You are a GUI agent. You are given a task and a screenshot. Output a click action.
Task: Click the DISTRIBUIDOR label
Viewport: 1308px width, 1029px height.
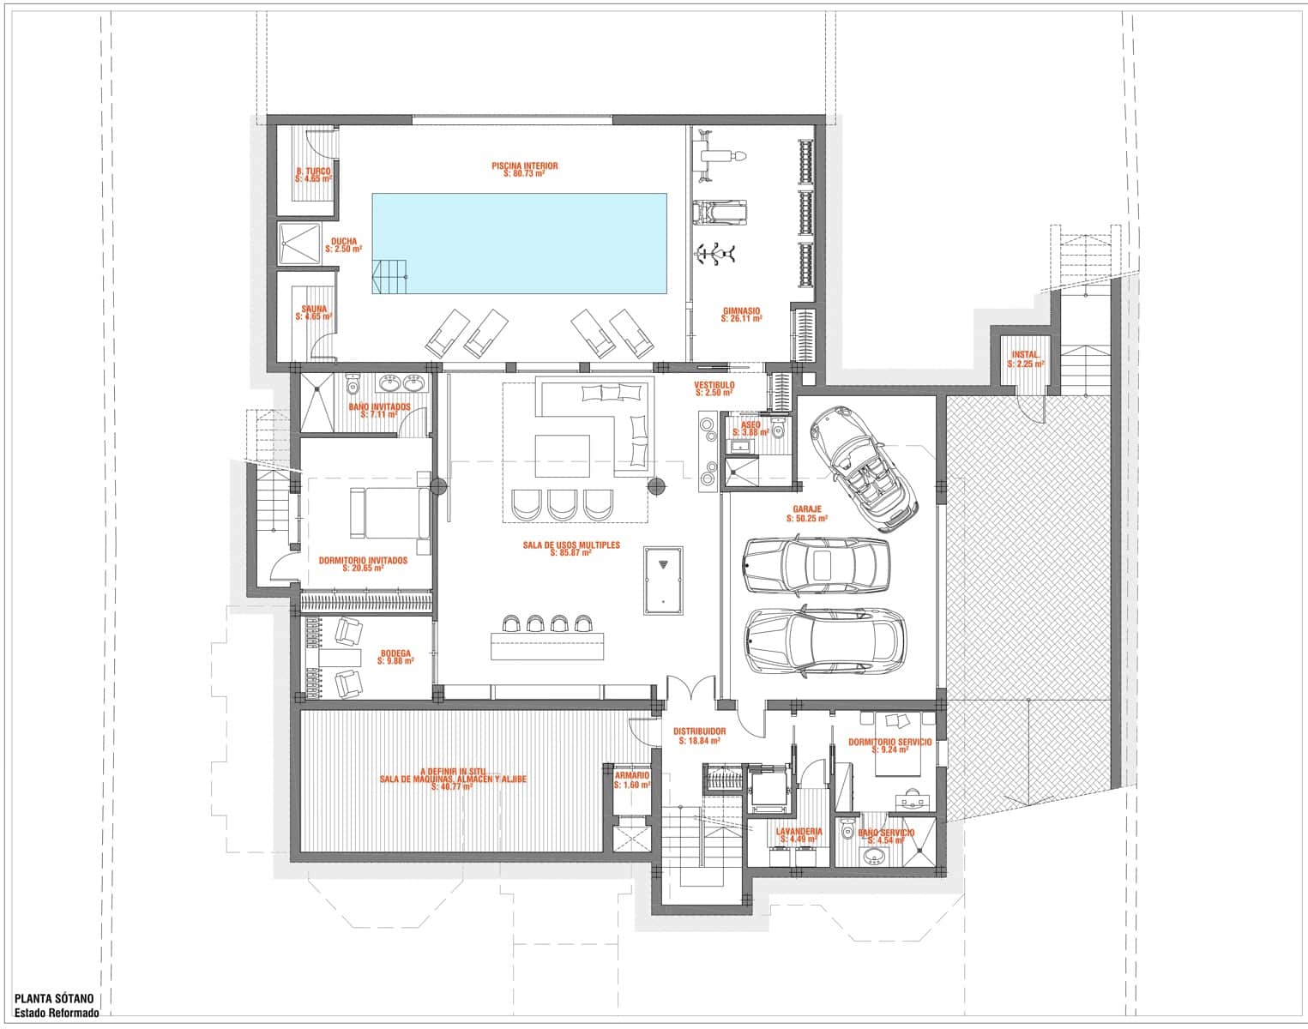point(698,736)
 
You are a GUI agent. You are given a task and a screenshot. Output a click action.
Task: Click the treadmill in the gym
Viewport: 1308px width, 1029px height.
point(719,212)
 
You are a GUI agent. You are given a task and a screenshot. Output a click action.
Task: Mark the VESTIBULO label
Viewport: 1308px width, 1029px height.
point(714,388)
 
